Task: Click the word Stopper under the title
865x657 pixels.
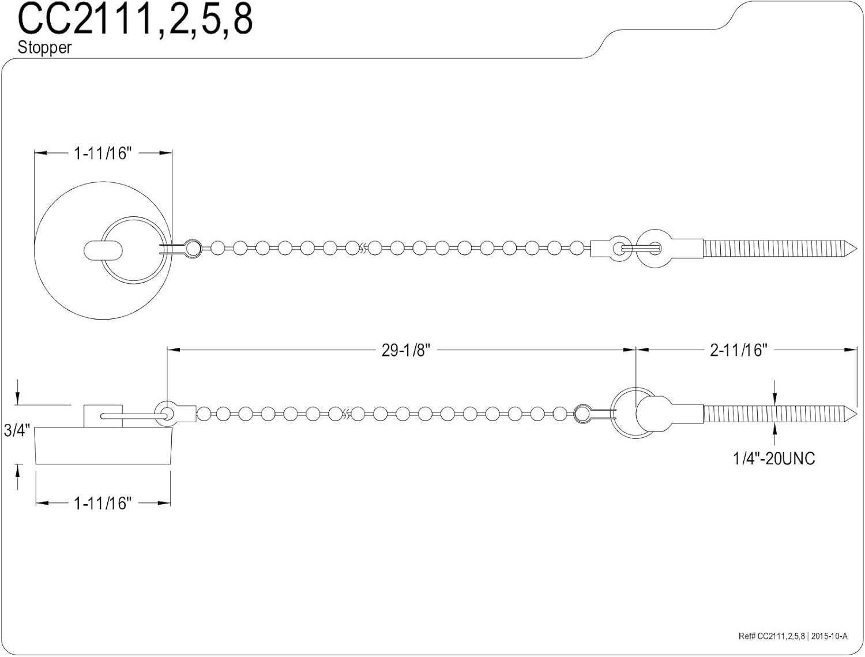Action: point(44,48)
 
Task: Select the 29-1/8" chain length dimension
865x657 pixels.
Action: point(405,350)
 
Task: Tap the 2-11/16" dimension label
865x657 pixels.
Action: point(739,350)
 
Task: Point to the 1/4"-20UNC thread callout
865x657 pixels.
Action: point(774,459)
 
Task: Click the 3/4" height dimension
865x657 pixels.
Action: point(17,430)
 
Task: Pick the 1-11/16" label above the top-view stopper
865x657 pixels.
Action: point(103,153)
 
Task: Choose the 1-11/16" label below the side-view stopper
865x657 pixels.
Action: point(103,504)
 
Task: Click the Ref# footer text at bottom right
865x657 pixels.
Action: point(793,636)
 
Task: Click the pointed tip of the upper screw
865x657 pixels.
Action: point(857,248)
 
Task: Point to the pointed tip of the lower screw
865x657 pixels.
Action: point(857,413)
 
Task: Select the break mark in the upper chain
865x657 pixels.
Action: point(363,248)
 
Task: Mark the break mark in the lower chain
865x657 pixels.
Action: point(347,414)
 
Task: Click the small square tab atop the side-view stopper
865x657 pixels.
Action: point(103,416)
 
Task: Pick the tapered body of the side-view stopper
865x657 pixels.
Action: point(103,446)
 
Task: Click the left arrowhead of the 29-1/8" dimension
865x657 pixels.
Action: point(174,350)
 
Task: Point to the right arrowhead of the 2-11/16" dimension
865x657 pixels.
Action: point(851,350)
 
